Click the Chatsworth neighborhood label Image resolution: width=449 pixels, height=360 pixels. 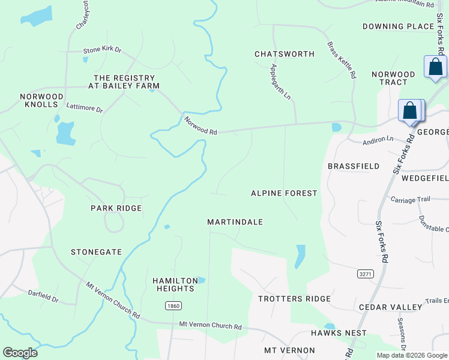(x=284, y=54)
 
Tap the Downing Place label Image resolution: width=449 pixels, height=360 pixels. (x=398, y=26)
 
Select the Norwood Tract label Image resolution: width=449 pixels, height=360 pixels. (x=393, y=78)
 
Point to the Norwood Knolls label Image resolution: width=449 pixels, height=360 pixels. (x=41, y=100)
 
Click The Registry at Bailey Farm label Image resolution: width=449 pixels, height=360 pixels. (x=125, y=82)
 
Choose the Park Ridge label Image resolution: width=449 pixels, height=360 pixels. (x=116, y=208)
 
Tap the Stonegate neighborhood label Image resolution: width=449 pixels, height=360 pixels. (x=96, y=252)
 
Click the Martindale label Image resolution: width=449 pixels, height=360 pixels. (x=235, y=222)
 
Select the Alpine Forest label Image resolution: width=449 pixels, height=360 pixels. (x=283, y=193)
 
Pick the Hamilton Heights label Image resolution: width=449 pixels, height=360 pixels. (x=175, y=284)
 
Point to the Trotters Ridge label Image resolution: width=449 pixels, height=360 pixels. (x=294, y=299)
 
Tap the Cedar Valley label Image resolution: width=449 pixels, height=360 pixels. (x=390, y=307)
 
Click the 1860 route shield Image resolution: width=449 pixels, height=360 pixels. (x=173, y=306)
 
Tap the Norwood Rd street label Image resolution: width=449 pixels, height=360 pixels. (x=200, y=125)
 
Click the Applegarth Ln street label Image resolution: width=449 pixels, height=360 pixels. (x=280, y=82)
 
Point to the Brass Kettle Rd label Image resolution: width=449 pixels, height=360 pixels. (x=342, y=60)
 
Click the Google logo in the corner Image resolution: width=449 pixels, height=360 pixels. (x=20, y=353)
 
